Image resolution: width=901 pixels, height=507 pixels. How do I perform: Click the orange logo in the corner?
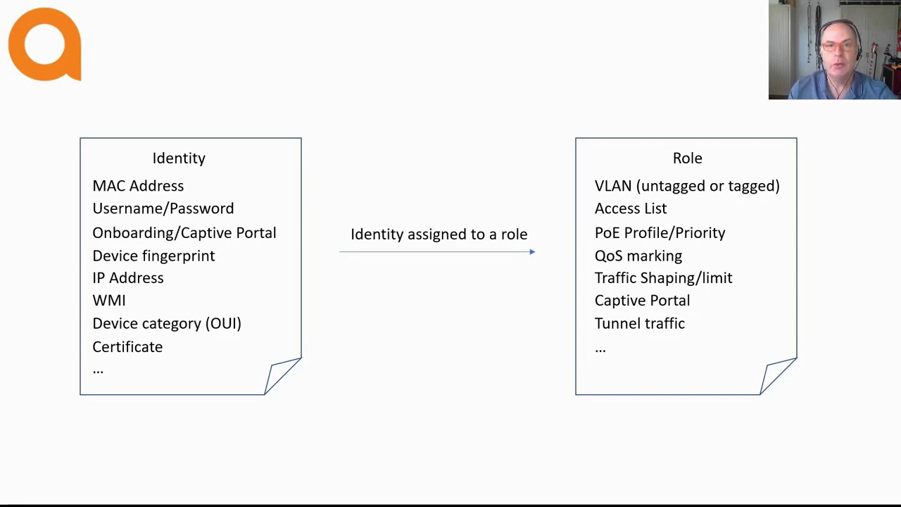click(44, 44)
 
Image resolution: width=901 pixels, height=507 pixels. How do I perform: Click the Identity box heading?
click(179, 158)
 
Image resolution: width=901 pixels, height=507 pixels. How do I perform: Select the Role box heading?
click(687, 158)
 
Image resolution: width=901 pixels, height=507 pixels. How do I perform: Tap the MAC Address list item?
click(138, 186)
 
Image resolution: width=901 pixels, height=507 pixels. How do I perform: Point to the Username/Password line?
click(163, 208)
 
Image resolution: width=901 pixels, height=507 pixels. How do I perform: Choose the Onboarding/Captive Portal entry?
click(184, 233)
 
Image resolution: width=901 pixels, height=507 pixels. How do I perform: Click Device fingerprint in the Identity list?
click(153, 256)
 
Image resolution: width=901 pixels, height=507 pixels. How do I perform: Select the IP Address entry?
click(127, 278)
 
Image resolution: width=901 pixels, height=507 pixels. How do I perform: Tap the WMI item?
click(108, 301)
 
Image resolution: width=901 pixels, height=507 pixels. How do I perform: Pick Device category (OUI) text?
click(166, 324)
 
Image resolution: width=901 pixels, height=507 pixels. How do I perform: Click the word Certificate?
click(127, 347)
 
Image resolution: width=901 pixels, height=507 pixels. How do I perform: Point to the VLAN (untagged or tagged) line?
click(687, 186)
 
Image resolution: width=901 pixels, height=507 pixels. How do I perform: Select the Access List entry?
click(630, 208)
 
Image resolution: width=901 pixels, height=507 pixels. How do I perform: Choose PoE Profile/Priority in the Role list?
click(660, 233)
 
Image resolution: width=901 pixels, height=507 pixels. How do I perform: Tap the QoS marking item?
click(638, 256)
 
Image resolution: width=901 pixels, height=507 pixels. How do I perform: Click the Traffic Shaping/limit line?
click(663, 278)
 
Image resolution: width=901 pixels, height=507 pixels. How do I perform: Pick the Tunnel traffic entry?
click(639, 324)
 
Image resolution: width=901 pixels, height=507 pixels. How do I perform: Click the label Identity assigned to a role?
click(439, 234)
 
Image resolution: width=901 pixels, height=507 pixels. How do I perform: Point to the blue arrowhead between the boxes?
click(532, 252)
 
